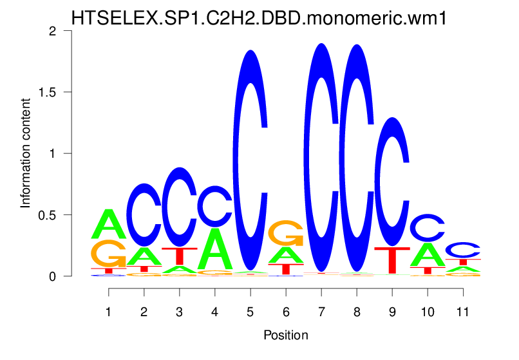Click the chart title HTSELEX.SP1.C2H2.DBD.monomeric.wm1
pos(259,17)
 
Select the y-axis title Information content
pos(26,153)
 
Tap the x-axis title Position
pos(286,335)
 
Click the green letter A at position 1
pos(109,223)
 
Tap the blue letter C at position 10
pos(428,227)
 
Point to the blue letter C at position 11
pos(463,250)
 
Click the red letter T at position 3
pos(180,256)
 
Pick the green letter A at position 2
pos(144,256)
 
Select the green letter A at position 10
pos(428,254)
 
